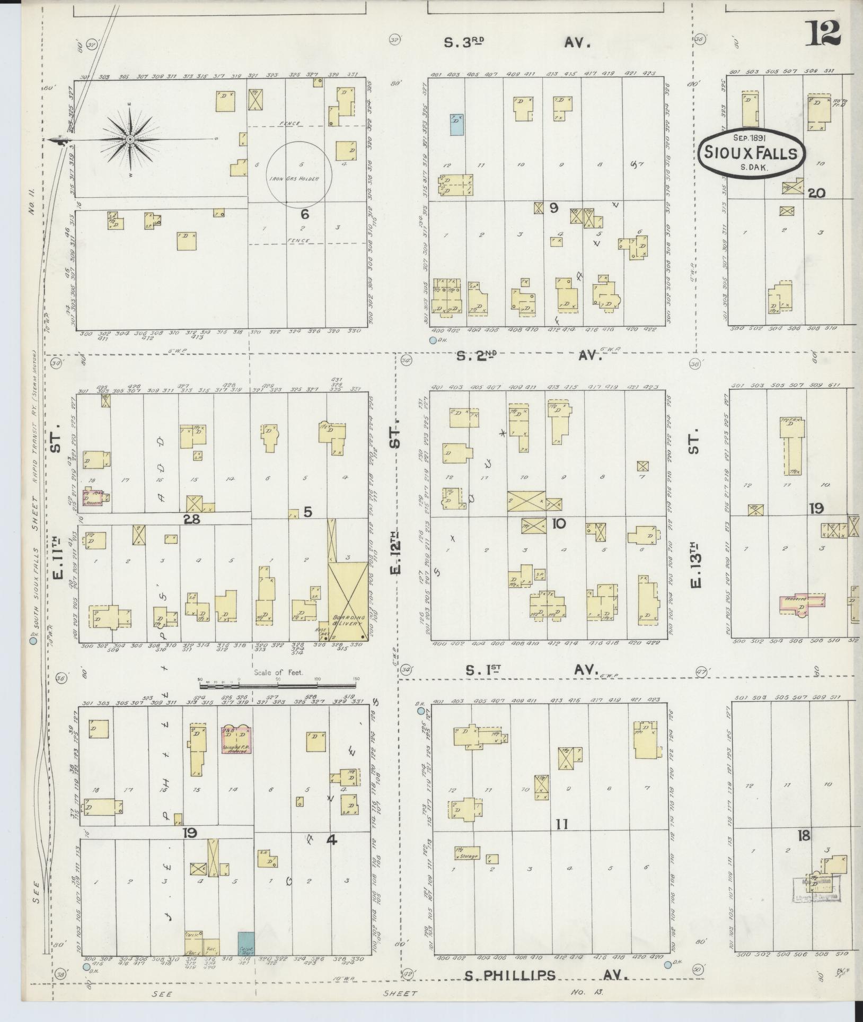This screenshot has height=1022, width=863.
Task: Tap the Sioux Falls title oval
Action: [752, 153]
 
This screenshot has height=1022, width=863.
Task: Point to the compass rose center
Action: [130, 139]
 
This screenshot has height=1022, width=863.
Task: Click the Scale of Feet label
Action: [278, 672]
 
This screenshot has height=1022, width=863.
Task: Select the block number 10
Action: [559, 523]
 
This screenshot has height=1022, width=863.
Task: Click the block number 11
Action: [562, 824]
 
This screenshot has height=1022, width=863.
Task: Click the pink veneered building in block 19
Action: [802, 601]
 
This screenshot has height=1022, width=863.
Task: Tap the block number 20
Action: [816, 194]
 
